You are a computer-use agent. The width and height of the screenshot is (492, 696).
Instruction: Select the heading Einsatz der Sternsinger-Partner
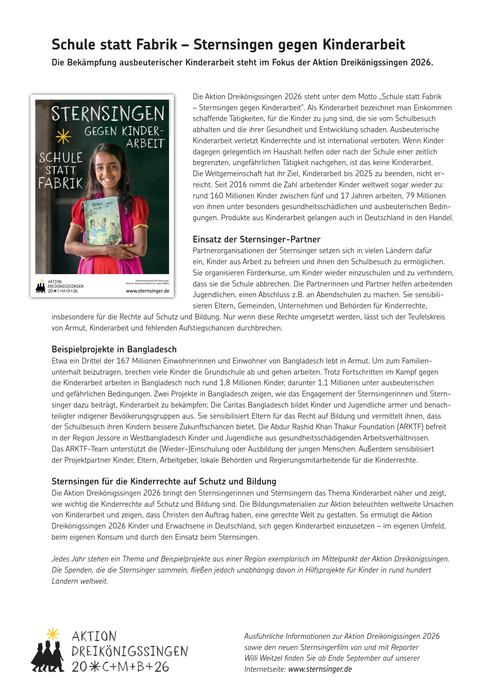(x=256, y=239)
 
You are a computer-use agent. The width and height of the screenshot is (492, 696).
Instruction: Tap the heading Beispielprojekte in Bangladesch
(x=114, y=349)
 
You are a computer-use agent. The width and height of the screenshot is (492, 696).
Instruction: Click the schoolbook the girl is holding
(x=102, y=221)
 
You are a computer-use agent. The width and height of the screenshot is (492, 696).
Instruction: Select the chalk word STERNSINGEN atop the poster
(x=108, y=113)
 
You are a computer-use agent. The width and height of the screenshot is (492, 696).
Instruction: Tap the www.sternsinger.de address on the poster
(x=147, y=291)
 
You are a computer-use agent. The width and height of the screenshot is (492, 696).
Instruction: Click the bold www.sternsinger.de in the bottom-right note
(x=320, y=669)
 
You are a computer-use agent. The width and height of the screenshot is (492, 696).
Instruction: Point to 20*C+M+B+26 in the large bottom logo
(x=120, y=667)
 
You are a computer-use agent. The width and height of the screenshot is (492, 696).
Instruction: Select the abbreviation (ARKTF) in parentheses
(x=410, y=427)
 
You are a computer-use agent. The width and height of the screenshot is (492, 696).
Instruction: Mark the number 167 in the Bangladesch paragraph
(x=123, y=361)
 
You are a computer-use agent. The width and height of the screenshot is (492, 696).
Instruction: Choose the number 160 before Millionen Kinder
(x=217, y=196)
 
